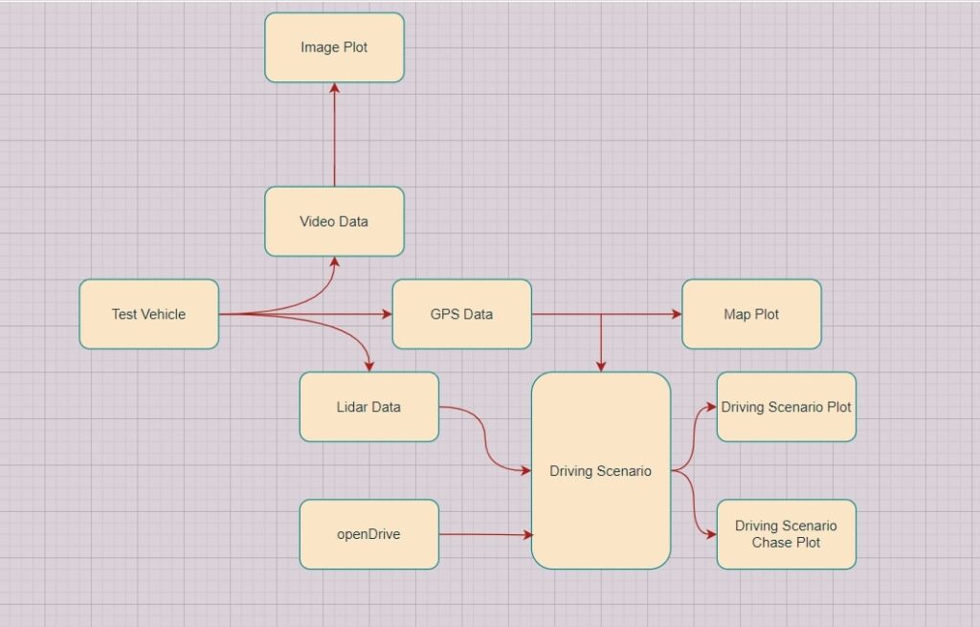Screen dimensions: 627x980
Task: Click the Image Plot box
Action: click(x=334, y=47)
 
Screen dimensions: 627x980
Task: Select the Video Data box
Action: click(x=334, y=221)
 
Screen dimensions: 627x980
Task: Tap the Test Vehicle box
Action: click(x=148, y=314)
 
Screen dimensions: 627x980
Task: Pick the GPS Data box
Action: click(x=462, y=314)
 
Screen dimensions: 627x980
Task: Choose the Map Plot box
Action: click(x=751, y=314)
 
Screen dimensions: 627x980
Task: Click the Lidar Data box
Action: click(x=368, y=407)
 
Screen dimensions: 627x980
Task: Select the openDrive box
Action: click(x=368, y=534)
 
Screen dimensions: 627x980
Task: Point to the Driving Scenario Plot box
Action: click(x=786, y=407)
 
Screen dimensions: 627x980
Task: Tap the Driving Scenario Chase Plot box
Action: click(x=786, y=534)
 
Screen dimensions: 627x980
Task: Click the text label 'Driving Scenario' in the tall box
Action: click(x=600, y=471)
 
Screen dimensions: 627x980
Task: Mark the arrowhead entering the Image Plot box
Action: click(x=334, y=88)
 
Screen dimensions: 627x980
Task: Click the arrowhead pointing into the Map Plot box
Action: click(x=676, y=314)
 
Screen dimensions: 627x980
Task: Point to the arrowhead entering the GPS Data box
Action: click(x=387, y=314)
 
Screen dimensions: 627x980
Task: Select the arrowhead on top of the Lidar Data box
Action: click(x=368, y=366)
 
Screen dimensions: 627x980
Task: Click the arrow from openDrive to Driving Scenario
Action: click(x=483, y=534)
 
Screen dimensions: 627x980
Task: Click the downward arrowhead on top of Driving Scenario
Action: click(x=601, y=366)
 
